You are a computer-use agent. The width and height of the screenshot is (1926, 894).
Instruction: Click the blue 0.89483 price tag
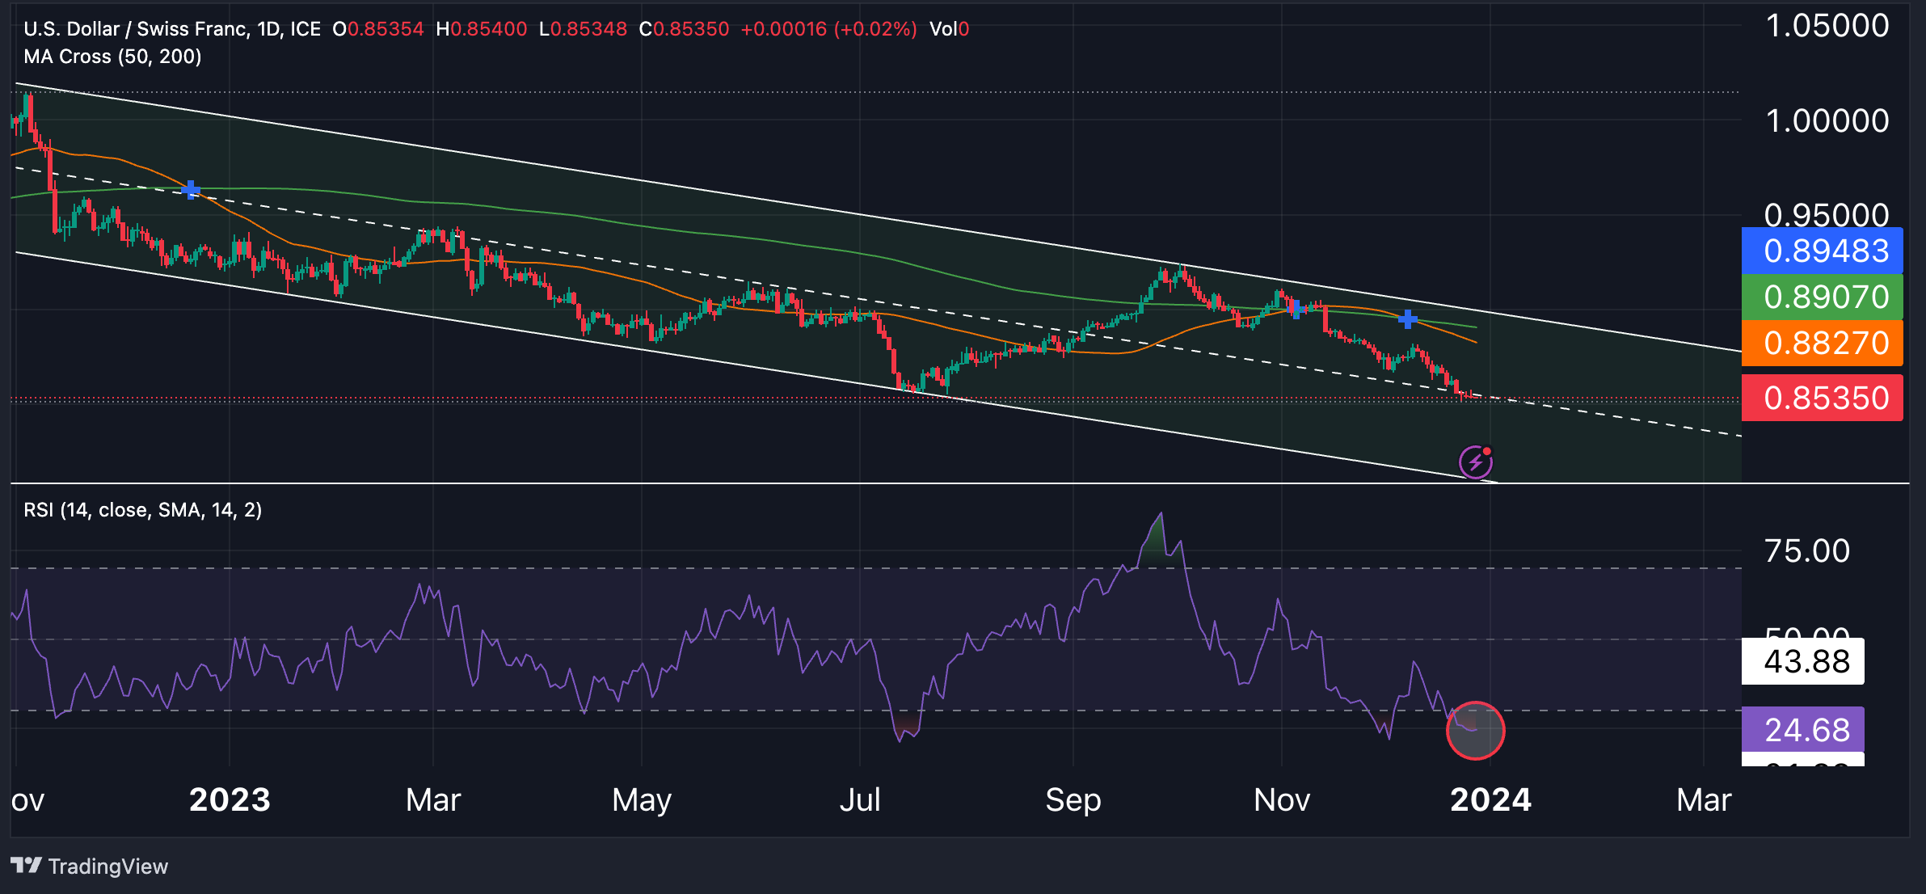point(1822,251)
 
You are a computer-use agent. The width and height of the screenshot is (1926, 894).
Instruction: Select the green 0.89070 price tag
point(1822,297)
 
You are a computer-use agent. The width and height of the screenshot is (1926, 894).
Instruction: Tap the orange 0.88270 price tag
point(1822,344)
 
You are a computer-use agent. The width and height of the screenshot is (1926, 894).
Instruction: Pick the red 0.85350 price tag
point(1822,399)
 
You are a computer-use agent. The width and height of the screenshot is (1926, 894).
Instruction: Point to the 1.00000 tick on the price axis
point(1827,121)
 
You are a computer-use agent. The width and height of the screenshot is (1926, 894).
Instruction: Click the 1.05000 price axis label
point(1827,26)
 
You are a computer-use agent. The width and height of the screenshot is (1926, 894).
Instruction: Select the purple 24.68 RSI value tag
point(1803,730)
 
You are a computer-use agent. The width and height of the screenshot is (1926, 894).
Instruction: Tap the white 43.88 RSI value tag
point(1803,662)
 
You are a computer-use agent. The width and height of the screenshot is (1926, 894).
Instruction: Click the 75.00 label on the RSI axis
point(1807,551)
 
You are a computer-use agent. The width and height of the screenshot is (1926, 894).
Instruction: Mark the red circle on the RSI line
point(1475,731)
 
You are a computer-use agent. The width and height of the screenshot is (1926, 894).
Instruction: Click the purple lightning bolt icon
point(1475,462)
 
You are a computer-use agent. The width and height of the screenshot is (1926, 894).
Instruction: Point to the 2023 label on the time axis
point(230,800)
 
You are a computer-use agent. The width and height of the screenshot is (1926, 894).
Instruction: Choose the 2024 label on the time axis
point(1490,800)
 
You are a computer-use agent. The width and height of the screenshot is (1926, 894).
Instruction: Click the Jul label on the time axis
point(860,800)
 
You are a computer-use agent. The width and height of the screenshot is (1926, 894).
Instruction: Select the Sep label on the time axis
point(1073,800)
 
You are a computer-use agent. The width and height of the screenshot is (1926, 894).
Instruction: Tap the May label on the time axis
point(642,800)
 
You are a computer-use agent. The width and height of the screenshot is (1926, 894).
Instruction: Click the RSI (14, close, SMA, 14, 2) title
point(143,510)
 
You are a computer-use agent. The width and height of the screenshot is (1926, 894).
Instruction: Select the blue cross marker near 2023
point(191,191)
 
